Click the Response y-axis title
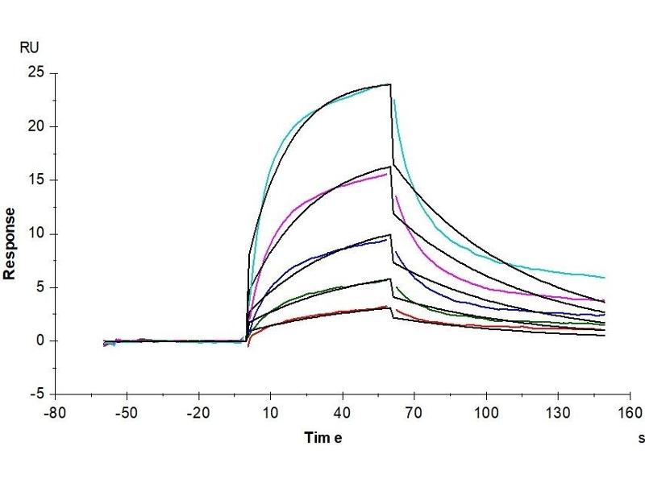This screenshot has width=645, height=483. pos(10,243)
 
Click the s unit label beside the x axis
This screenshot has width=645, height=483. pos(641,439)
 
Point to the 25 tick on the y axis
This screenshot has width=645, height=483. pos(35,73)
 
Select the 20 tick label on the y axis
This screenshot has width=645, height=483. pos(35,126)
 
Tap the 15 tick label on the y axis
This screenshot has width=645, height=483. pos(35,180)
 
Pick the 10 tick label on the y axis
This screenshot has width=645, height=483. pos(35,234)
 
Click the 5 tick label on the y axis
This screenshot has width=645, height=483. pos(39,287)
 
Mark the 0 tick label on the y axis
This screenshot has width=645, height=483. pos(39,341)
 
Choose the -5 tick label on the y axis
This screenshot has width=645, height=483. pos(36,394)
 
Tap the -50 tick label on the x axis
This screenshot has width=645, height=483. pos(126,412)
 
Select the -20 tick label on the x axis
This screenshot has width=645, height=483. pos(198,412)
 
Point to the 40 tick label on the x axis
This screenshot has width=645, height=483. pos(342,412)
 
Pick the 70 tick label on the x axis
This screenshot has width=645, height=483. pos(414,412)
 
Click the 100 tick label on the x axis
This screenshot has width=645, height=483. pos(485,412)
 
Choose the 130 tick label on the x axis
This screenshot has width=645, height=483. pos(557,412)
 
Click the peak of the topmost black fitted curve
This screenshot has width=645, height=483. pos(390,84)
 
